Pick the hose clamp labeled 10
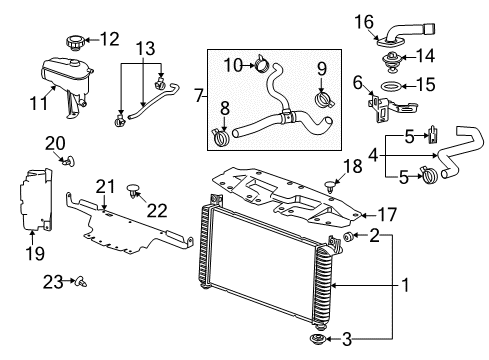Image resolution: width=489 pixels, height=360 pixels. (261, 67)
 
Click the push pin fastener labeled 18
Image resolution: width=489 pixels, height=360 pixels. (331, 181)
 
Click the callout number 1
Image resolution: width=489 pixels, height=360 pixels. (407, 285)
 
